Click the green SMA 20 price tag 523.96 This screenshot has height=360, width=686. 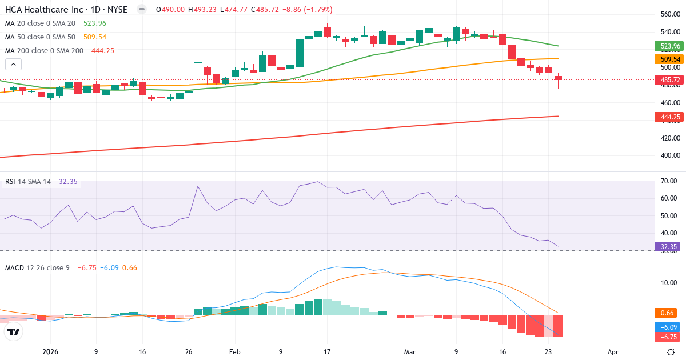(669, 46)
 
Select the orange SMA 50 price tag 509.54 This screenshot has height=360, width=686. (669, 59)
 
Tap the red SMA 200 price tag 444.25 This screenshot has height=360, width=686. (669, 117)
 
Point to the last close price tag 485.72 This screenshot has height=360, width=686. (669, 80)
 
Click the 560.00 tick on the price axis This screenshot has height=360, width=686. (669, 14)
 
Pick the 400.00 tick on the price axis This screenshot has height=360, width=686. (669, 155)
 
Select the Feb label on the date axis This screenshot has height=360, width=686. (234, 352)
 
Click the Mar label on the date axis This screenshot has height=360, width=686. (409, 352)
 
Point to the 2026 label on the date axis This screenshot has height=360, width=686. (50, 352)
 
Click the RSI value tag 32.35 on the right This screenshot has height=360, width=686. (669, 247)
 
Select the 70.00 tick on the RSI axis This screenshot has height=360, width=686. (669, 181)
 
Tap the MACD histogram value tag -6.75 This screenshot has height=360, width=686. (669, 337)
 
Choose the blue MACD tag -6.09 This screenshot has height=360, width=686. (669, 327)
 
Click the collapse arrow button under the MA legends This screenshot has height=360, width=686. (13, 65)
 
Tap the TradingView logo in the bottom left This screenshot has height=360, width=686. (13, 331)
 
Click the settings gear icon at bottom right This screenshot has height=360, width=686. (672, 352)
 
